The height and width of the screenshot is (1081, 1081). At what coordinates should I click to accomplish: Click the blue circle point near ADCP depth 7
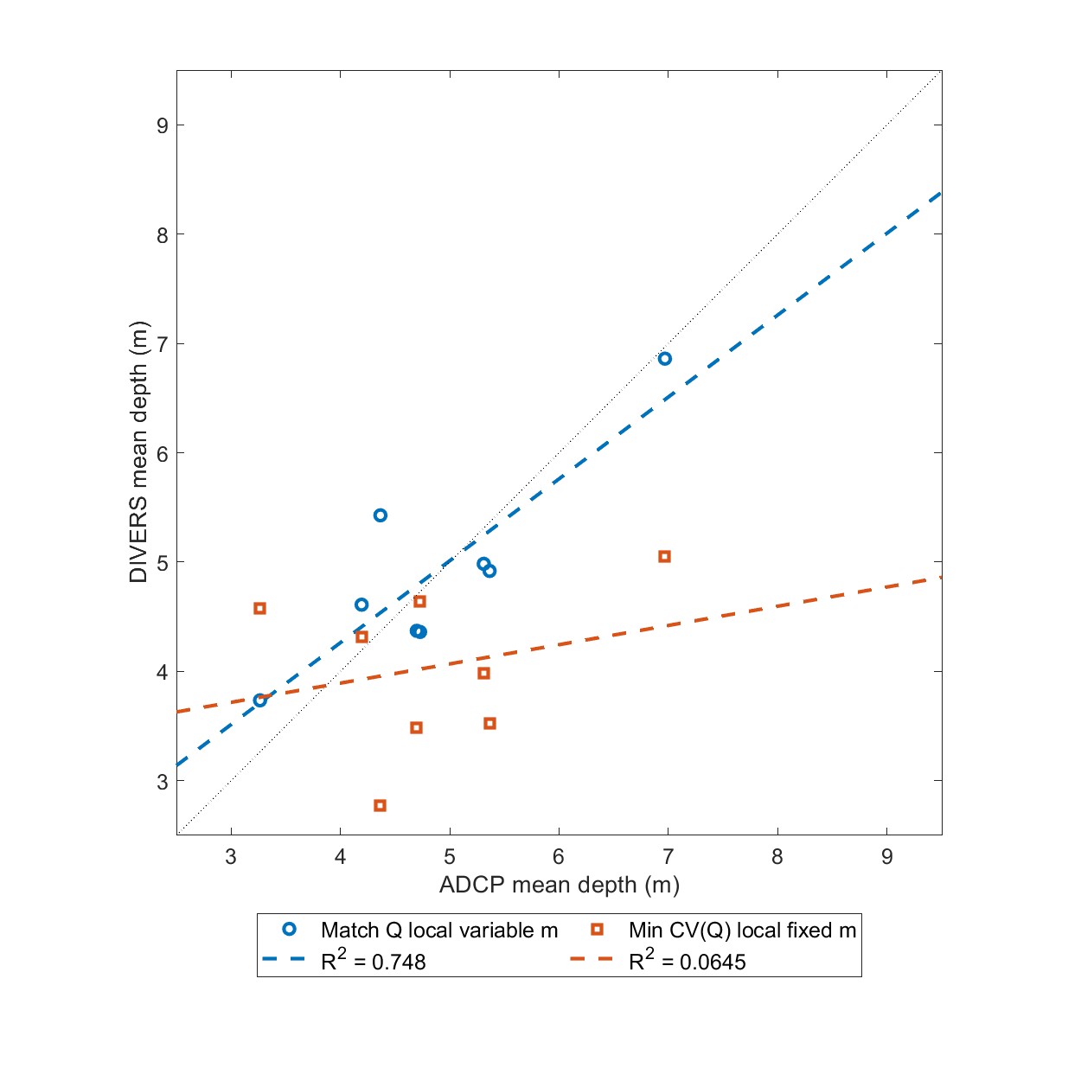[664, 359]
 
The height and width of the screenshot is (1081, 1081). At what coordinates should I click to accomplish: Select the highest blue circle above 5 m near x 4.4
[380, 515]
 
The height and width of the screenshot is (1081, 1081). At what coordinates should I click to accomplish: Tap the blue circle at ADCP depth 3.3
[259, 700]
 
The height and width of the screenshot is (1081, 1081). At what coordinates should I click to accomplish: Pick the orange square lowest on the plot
[380, 806]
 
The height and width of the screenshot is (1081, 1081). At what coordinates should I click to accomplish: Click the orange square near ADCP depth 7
[664, 557]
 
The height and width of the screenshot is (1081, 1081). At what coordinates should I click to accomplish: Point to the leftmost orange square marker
[259, 609]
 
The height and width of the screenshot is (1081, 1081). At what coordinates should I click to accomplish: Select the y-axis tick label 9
[163, 125]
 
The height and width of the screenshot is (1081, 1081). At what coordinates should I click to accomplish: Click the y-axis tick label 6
[163, 453]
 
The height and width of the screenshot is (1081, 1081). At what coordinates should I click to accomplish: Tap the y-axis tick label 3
[163, 781]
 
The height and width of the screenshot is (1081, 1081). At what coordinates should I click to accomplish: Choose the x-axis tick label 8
[777, 857]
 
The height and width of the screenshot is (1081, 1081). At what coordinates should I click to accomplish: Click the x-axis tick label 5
[450, 857]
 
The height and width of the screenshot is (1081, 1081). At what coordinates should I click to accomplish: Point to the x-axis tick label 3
[231, 857]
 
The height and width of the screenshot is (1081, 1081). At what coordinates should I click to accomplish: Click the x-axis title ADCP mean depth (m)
[560, 886]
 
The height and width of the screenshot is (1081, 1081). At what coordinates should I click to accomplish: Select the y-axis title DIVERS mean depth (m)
[138, 452]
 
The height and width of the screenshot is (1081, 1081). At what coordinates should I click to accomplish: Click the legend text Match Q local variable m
[439, 931]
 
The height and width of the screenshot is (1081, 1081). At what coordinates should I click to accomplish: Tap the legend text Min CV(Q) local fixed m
[742, 931]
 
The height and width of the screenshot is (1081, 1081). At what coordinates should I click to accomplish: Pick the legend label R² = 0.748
[374, 962]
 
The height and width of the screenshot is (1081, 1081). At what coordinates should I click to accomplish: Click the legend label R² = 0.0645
[687, 962]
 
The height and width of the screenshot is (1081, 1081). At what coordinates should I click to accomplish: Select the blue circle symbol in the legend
[290, 930]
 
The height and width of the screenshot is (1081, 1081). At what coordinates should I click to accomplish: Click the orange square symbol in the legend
[597, 930]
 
